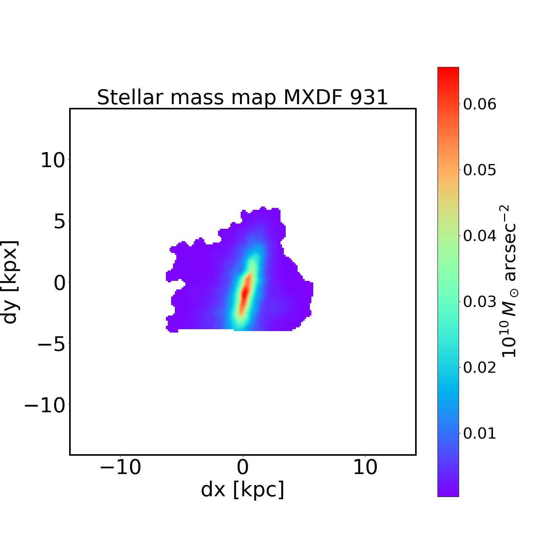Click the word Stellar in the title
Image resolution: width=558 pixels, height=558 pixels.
click(130, 97)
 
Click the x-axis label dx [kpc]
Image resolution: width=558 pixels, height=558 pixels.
click(243, 490)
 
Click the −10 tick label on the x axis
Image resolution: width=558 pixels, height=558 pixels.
click(121, 467)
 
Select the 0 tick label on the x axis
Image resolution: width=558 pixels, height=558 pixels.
click(243, 467)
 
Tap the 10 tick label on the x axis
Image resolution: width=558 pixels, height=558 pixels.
click(365, 467)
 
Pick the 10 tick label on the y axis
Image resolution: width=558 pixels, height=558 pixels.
click(53, 161)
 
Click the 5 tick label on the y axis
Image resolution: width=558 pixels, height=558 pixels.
click(60, 222)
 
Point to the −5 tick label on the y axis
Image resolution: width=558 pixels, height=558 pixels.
click(51, 344)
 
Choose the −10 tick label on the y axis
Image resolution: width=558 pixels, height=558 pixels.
click(45, 405)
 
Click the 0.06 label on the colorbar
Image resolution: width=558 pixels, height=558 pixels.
click(479, 104)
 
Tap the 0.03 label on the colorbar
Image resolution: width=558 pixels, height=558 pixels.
click(479, 302)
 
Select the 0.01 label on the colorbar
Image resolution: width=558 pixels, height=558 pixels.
click(479, 433)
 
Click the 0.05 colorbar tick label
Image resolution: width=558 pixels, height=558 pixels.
click(479, 170)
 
